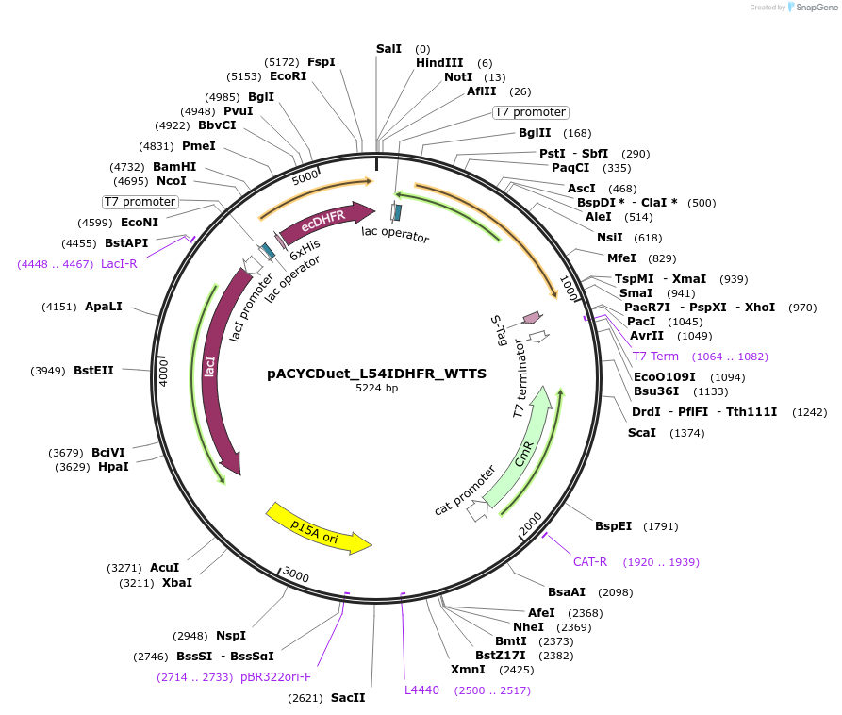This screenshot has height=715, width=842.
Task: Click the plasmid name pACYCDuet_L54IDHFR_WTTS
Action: coord(376,374)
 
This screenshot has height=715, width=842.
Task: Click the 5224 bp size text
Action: coord(376,388)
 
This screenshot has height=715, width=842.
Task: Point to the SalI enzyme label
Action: coord(388,48)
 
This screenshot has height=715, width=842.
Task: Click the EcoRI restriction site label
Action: coord(288,76)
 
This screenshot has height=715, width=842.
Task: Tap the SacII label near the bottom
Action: coord(347,698)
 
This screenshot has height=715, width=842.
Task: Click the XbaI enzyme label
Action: coord(176,583)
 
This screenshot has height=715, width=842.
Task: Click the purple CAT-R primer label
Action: coord(590,562)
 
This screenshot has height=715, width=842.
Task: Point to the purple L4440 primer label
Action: coord(421,690)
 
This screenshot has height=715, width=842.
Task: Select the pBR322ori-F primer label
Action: coord(275,677)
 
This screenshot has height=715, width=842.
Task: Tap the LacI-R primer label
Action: coord(119,264)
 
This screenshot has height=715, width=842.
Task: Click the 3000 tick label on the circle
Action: coord(296,576)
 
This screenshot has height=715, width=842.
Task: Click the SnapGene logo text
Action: coord(816,7)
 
